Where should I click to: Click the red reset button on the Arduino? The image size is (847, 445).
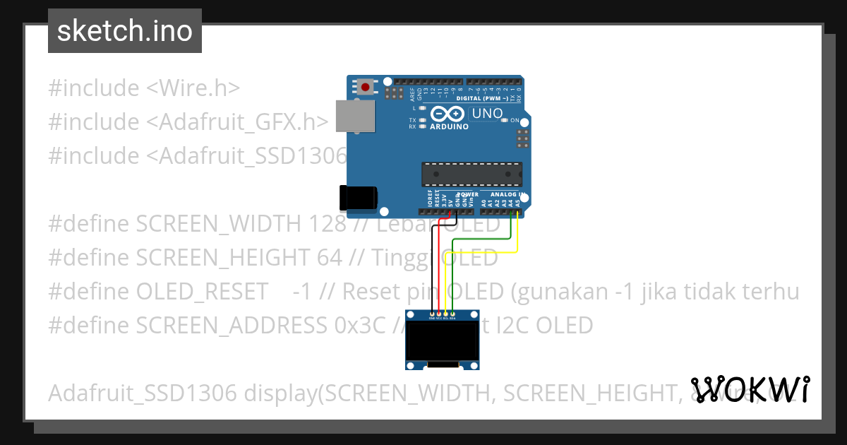365,88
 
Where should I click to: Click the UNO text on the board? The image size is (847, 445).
487,114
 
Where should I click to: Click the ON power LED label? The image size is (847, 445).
515,121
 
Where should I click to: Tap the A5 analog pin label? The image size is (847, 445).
519,203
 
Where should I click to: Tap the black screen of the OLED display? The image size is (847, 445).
443,341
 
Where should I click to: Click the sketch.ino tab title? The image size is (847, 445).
125,31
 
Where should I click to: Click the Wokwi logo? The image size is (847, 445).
750,389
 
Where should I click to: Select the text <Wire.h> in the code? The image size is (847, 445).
193,88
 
